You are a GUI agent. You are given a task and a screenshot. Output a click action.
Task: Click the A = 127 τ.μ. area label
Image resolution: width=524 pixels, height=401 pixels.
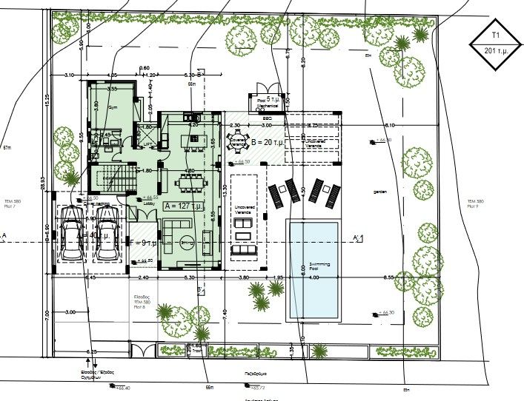183,206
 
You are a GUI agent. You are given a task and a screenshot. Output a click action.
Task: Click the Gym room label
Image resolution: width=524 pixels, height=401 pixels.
113,108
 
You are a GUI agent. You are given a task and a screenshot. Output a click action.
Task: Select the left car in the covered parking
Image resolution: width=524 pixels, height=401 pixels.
72,233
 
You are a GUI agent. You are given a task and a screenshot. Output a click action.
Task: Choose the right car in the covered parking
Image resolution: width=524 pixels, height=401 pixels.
107,233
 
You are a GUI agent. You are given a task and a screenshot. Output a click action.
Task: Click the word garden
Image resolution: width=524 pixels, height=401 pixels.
381,192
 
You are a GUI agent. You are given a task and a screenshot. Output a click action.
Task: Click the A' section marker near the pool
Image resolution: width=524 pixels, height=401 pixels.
358,237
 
